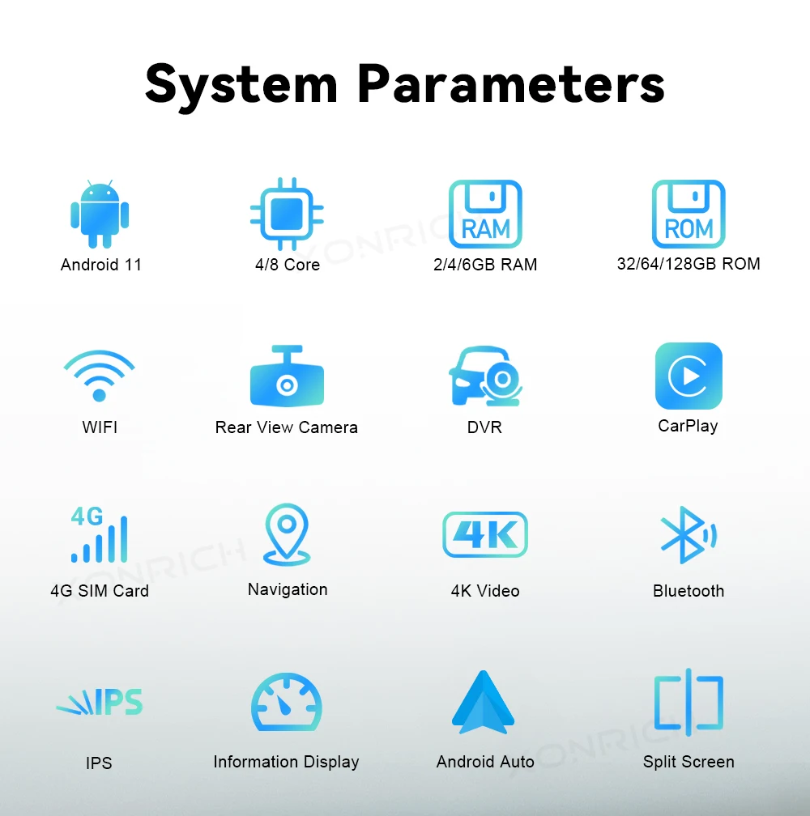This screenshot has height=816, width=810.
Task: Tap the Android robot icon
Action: click(x=100, y=214)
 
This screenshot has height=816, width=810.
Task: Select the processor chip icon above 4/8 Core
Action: click(x=287, y=214)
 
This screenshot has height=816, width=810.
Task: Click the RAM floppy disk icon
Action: click(x=485, y=214)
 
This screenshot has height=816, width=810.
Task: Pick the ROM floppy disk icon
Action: click(x=688, y=214)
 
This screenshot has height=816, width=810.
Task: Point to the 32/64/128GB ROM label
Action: click(x=688, y=264)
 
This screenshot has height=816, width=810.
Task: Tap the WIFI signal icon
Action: click(x=100, y=376)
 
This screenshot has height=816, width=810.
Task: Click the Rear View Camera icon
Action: click(x=287, y=377)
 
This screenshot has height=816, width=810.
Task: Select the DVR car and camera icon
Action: click(x=485, y=376)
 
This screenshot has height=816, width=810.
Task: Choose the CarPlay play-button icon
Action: click(x=688, y=376)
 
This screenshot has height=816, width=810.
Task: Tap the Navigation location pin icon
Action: click(x=287, y=534)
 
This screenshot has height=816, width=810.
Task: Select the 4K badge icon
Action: click(x=485, y=534)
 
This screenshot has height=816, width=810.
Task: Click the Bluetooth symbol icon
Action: click(x=688, y=534)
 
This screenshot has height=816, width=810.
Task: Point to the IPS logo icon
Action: click(x=100, y=703)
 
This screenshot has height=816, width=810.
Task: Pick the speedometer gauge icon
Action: click(x=287, y=703)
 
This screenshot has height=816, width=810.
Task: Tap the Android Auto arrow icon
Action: click(x=484, y=703)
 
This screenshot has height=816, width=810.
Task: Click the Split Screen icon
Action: click(x=688, y=703)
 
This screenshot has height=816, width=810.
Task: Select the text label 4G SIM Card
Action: click(x=100, y=591)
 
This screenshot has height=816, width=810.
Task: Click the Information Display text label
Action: click(x=286, y=762)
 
